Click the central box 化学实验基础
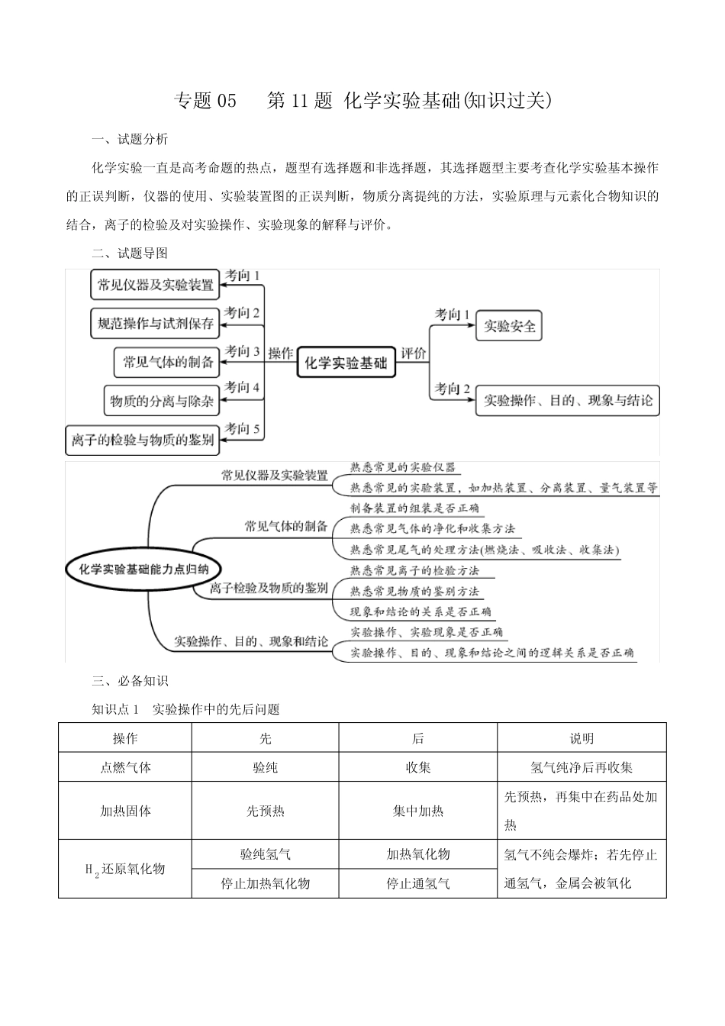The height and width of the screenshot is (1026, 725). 346,363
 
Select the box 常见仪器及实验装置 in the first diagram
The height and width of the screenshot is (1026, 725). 155,285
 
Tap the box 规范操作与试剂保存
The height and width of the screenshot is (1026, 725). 155,324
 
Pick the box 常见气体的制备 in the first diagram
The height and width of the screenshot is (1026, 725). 168,362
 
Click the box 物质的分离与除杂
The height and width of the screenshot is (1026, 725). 161,400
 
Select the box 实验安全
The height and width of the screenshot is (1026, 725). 509,327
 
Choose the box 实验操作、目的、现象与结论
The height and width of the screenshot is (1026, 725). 568,400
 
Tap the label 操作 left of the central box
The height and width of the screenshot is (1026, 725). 280,353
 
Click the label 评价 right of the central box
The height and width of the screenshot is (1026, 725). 413,353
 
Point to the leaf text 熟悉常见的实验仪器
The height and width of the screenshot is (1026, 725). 402,467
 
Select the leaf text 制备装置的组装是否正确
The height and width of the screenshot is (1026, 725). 414,508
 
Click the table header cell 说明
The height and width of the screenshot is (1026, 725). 582,738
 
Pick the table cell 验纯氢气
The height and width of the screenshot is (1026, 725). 265,854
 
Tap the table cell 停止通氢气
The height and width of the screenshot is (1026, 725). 417,883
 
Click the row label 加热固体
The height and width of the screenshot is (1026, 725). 125,811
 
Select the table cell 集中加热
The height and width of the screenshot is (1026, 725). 417,811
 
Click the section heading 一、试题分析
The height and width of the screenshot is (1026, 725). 130,139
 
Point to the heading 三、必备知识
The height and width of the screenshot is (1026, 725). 130,681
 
